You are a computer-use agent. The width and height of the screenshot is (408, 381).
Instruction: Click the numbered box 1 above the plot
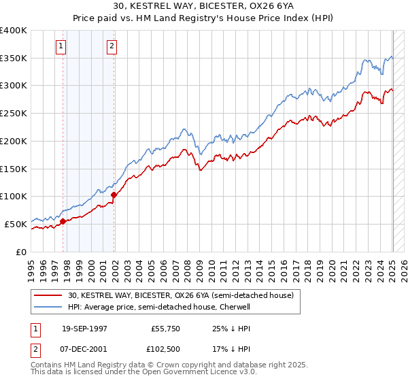click(61, 46)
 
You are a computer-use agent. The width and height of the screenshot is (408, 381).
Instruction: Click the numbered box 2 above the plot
click(111, 46)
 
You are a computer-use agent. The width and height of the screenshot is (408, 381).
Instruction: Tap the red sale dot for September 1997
click(63, 220)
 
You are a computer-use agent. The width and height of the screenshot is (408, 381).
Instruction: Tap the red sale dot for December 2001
click(114, 195)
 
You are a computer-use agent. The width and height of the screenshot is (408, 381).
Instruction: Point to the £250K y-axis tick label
click(14, 114)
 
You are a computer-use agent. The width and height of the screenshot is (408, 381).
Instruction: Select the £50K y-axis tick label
click(16, 224)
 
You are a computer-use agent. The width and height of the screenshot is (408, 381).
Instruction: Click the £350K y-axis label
click(14, 59)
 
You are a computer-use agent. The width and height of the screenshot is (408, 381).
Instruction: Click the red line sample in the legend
click(49, 296)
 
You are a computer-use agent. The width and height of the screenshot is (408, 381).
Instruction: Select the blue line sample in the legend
click(49, 307)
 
